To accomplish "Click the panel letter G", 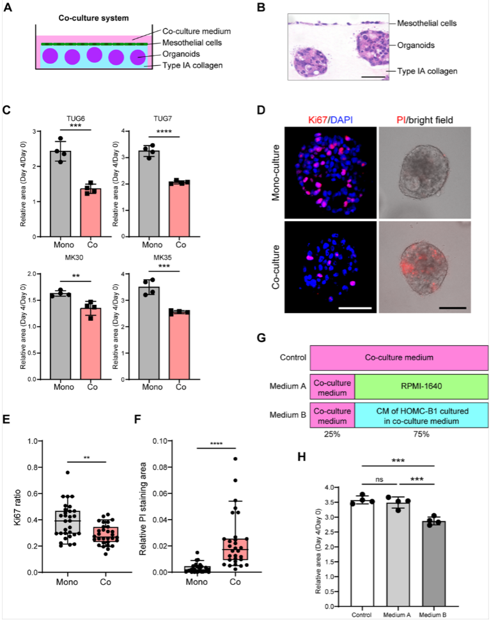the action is pos(261,338).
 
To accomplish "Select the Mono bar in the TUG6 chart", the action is pos(61,194).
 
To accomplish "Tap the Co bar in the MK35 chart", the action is pos(179,346).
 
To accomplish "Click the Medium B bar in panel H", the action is pos(433,564).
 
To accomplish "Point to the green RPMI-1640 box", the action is pos(421,387).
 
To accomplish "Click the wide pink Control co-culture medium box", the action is pos(399,357).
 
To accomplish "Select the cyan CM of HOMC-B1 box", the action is pos(421,415).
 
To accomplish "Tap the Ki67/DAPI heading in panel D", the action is pos(331,120).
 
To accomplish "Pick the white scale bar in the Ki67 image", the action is pos(355,307).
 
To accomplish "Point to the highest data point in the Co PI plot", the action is pos(235,459).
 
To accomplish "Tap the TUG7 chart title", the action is pos(162,119).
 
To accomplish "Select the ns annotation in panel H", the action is pos(379,479).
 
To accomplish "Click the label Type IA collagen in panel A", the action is pos(192,65).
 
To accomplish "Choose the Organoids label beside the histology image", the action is pos(416,45).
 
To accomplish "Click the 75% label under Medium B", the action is pos(421,434).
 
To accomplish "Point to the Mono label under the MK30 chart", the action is pos(64,387).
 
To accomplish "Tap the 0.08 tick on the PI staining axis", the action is pos(162,467).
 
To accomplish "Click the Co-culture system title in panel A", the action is pos(93,18).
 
